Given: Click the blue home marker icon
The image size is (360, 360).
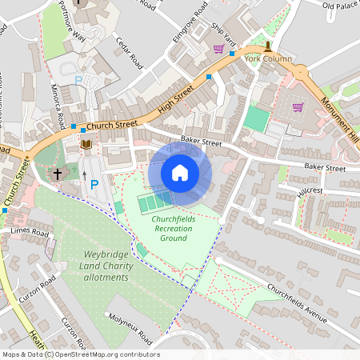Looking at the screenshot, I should point(180,173).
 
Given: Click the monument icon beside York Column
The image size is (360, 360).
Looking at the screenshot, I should point(268,46).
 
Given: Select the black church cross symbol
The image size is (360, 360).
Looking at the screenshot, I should point(57,172).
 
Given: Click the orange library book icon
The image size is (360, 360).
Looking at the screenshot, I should point(86,145).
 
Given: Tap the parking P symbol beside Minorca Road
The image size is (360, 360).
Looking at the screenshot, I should point(78,81).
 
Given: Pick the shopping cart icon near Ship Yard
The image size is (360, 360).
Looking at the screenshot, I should point(218,49).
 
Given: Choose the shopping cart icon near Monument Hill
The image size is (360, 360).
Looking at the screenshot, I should point(298,107).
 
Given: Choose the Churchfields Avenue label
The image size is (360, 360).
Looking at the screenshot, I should point(297,303).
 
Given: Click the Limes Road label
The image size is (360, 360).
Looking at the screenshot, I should point(30,232).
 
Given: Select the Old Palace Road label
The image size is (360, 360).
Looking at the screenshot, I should point(340,6).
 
